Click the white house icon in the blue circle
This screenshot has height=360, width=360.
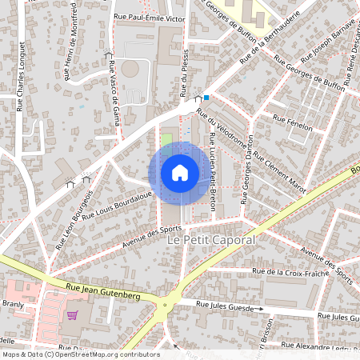coord(180,173)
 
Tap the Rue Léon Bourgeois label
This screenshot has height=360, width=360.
coord(74,216)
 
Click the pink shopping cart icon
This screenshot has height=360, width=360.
coord(73,314)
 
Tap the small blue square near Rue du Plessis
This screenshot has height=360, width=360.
coord(206,98)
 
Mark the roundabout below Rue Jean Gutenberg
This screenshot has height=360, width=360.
coord(167,305)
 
